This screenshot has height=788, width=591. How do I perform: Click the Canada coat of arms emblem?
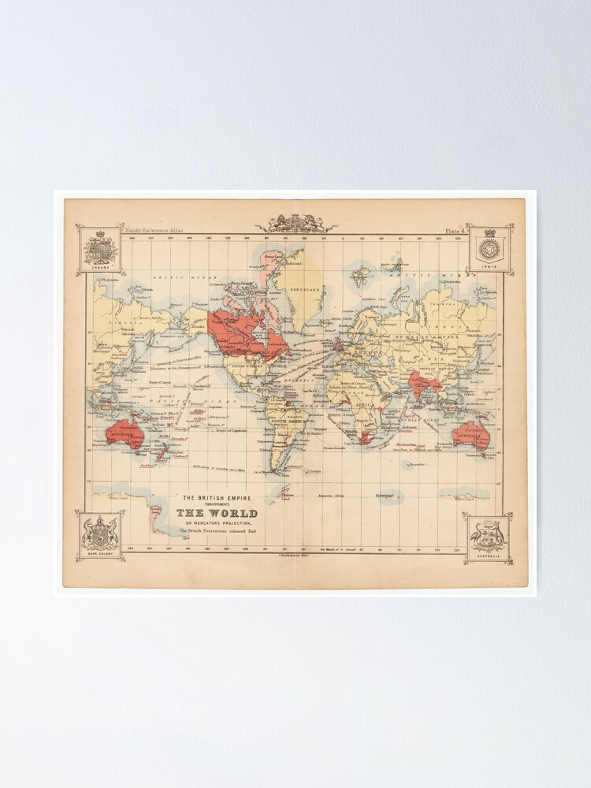point(100,249)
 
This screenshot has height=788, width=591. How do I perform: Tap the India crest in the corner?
point(490,249)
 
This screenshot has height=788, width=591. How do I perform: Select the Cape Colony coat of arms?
point(100,535)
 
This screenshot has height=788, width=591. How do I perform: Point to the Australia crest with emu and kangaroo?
point(489,537)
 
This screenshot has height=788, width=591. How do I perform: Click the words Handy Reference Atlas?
point(143,230)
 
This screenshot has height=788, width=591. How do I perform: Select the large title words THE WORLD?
point(216,514)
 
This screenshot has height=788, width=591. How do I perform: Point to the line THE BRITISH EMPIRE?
point(217,497)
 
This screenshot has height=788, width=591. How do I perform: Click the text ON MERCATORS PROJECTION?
point(217,524)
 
